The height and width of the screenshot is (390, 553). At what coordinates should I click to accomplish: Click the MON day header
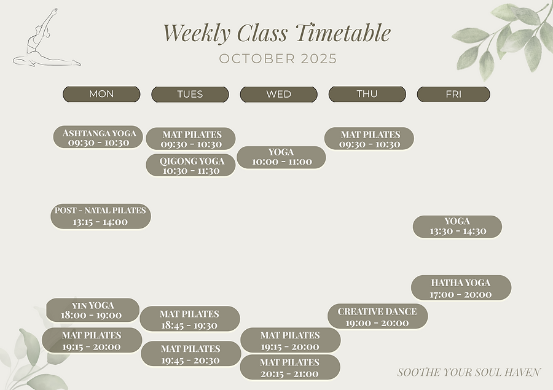[101, 94]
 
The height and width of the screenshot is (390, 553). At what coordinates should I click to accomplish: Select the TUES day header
[190, 94]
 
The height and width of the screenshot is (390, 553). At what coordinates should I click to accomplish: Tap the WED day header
[278, 94]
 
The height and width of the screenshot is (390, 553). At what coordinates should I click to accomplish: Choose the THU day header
[367, 94]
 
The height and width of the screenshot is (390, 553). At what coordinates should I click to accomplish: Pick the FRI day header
[453, 94]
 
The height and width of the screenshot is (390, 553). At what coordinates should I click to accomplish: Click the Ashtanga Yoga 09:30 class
[99, 138]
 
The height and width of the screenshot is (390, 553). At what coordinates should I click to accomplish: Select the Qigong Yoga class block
[190, 166]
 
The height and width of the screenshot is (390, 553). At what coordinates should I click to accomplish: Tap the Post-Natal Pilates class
[100, 216]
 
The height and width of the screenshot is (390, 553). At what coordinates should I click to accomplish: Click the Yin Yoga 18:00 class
[92, 310]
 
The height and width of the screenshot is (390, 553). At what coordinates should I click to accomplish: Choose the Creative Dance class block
[377, 317]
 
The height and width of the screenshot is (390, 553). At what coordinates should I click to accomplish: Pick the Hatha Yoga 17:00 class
[461, 288]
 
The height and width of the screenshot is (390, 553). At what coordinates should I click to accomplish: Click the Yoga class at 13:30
[457, 227]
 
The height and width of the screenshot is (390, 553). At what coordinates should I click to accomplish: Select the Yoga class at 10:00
[281, 157]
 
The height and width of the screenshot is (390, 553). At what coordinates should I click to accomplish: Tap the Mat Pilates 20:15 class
[290, 368]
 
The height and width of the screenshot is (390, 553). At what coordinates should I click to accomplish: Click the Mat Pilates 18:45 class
[189, 319]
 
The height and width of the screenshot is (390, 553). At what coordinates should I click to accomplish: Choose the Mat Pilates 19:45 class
[190, 354]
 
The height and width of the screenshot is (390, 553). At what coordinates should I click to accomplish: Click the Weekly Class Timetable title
[276, 33]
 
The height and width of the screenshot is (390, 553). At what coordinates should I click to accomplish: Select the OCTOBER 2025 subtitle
[278, 59]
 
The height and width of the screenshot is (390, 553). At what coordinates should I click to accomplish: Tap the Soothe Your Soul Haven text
[469, 372]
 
